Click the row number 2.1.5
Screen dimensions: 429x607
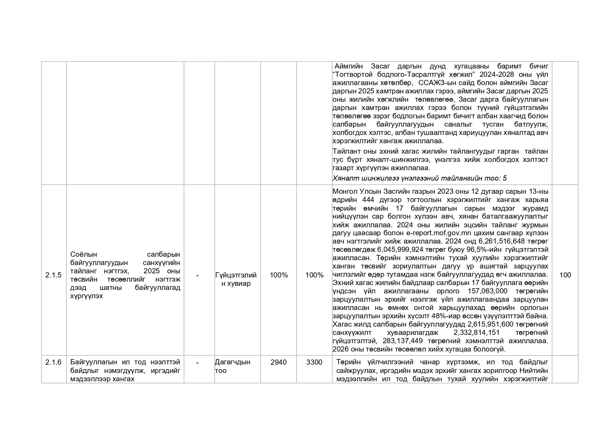tap(53, 275)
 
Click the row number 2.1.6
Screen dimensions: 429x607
tap(53, 362)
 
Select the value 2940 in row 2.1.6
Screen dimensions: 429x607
tap(279, 362)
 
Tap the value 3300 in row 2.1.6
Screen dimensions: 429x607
tap(314, 362)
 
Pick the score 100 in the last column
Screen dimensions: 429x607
tap(565, 275)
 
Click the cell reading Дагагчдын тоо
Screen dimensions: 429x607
tap(233, 366)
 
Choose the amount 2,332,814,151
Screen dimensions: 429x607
tap(477, 332)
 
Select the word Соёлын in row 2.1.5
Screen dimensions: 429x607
tap(84, 254)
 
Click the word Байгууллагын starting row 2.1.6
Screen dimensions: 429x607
tap(94, 362)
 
